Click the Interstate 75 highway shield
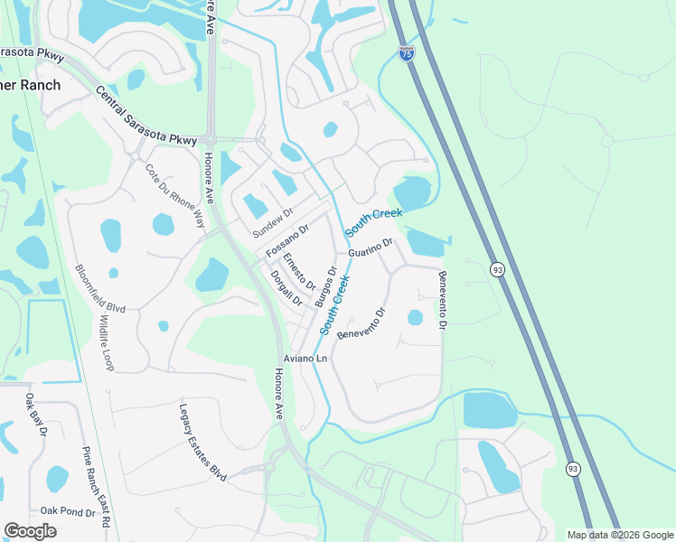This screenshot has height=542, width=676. click(x=407, y=54)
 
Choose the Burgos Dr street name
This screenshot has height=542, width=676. click(x=325, y=286)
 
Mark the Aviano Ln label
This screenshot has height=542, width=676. click(x=305, y=360)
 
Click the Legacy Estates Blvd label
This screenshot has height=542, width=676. click(x=202, y=442)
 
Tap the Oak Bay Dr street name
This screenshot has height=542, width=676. click(x=35, y=415)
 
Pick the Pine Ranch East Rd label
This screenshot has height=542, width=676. click(x=96, y=487)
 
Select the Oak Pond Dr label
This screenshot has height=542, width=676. click(x=68, y=511)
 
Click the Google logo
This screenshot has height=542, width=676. click(x=30, y=531)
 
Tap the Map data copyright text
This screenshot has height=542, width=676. click(x=619, y=535)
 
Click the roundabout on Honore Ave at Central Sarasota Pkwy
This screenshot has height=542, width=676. click(x=210, y=139)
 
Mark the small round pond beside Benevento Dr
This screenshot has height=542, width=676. click(x=415, y=317)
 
